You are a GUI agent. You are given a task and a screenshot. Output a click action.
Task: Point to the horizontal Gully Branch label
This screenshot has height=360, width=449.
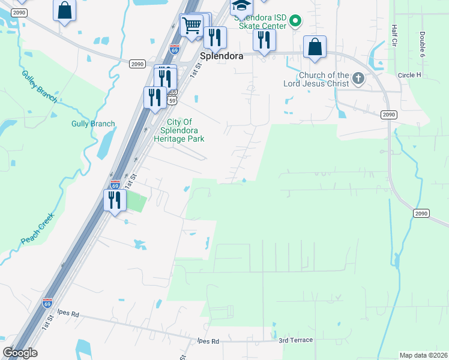point(93,124)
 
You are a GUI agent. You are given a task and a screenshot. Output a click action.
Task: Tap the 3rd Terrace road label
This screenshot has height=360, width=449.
point(295,340)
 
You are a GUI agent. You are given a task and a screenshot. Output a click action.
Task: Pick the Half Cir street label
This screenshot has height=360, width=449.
point(394,36)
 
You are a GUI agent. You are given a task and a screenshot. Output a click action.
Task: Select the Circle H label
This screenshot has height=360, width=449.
point(409,75)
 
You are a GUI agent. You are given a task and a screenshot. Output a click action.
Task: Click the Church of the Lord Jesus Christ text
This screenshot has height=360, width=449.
point(316,79)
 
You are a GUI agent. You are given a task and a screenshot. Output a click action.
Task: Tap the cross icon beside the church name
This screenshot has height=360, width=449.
point(358,78)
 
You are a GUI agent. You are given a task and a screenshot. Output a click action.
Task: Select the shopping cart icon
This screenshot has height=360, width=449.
point(191,25)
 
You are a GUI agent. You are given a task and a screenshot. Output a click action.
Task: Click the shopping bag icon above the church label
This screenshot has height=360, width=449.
point(315,46)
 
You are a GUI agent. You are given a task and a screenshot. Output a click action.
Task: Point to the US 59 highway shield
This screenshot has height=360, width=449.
point(172,101)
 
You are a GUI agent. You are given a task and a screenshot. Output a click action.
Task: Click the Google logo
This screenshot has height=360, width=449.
point(20,353)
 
